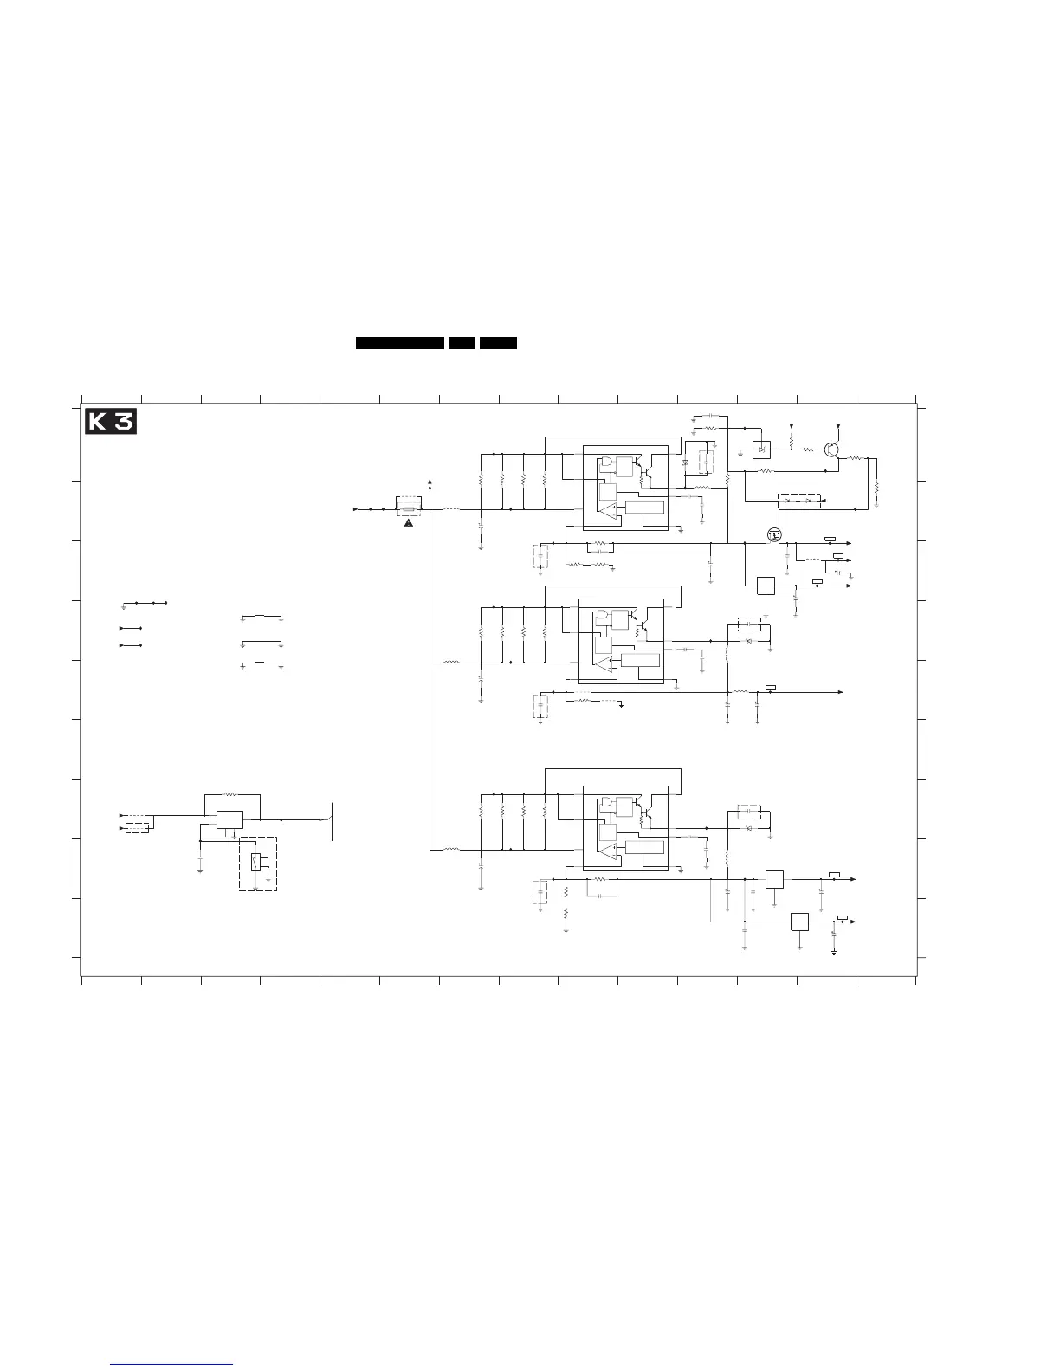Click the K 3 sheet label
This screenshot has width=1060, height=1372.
coord(110,422)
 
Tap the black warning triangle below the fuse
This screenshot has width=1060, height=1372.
coord(409,522)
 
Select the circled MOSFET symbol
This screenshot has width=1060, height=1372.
coord(775,536)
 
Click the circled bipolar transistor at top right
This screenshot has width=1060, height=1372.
coord(831,450)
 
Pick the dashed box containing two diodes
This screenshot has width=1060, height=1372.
coord(799,501)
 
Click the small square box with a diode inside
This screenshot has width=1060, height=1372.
coord(762,450)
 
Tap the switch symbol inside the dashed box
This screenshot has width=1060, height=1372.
coord(255,862)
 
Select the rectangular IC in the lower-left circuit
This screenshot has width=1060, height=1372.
coord(229,819)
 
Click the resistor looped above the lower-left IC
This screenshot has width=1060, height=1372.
coord(229,793)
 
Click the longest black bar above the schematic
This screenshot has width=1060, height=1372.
coord(400,344)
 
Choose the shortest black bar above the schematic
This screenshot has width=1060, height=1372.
coord(461,344)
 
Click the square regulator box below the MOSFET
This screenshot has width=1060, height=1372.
coord(766,586)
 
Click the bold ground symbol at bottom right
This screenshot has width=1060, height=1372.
coord(833,952)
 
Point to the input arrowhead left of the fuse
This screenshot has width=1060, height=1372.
coord(356,509)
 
